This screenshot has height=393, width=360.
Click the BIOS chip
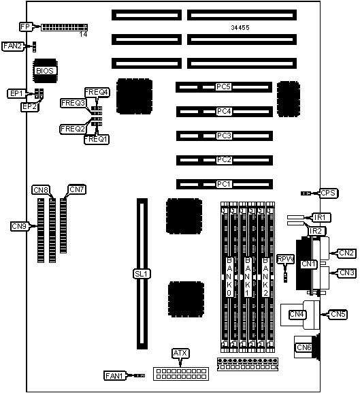45,71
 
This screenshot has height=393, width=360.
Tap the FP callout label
26,27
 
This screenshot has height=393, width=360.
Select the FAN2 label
13,46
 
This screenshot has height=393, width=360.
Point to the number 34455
240,27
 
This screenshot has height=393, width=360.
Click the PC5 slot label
224,87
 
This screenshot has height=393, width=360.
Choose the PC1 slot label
224,184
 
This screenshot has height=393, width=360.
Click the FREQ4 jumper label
97,93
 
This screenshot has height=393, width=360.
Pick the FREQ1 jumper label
97,139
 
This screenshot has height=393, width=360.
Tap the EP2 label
30,107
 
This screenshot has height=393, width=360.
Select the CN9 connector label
20,226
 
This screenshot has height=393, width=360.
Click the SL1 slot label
142,274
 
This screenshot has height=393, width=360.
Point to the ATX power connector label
180,353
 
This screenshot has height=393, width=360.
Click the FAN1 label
114,376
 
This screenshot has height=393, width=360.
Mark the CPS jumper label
328,193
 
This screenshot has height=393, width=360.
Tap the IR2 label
316,231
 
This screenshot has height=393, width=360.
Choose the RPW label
286,259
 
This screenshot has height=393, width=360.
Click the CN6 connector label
304,347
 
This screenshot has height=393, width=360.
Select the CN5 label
338,314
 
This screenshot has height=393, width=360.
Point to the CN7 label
77,190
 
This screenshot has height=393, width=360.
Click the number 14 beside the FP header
84,34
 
